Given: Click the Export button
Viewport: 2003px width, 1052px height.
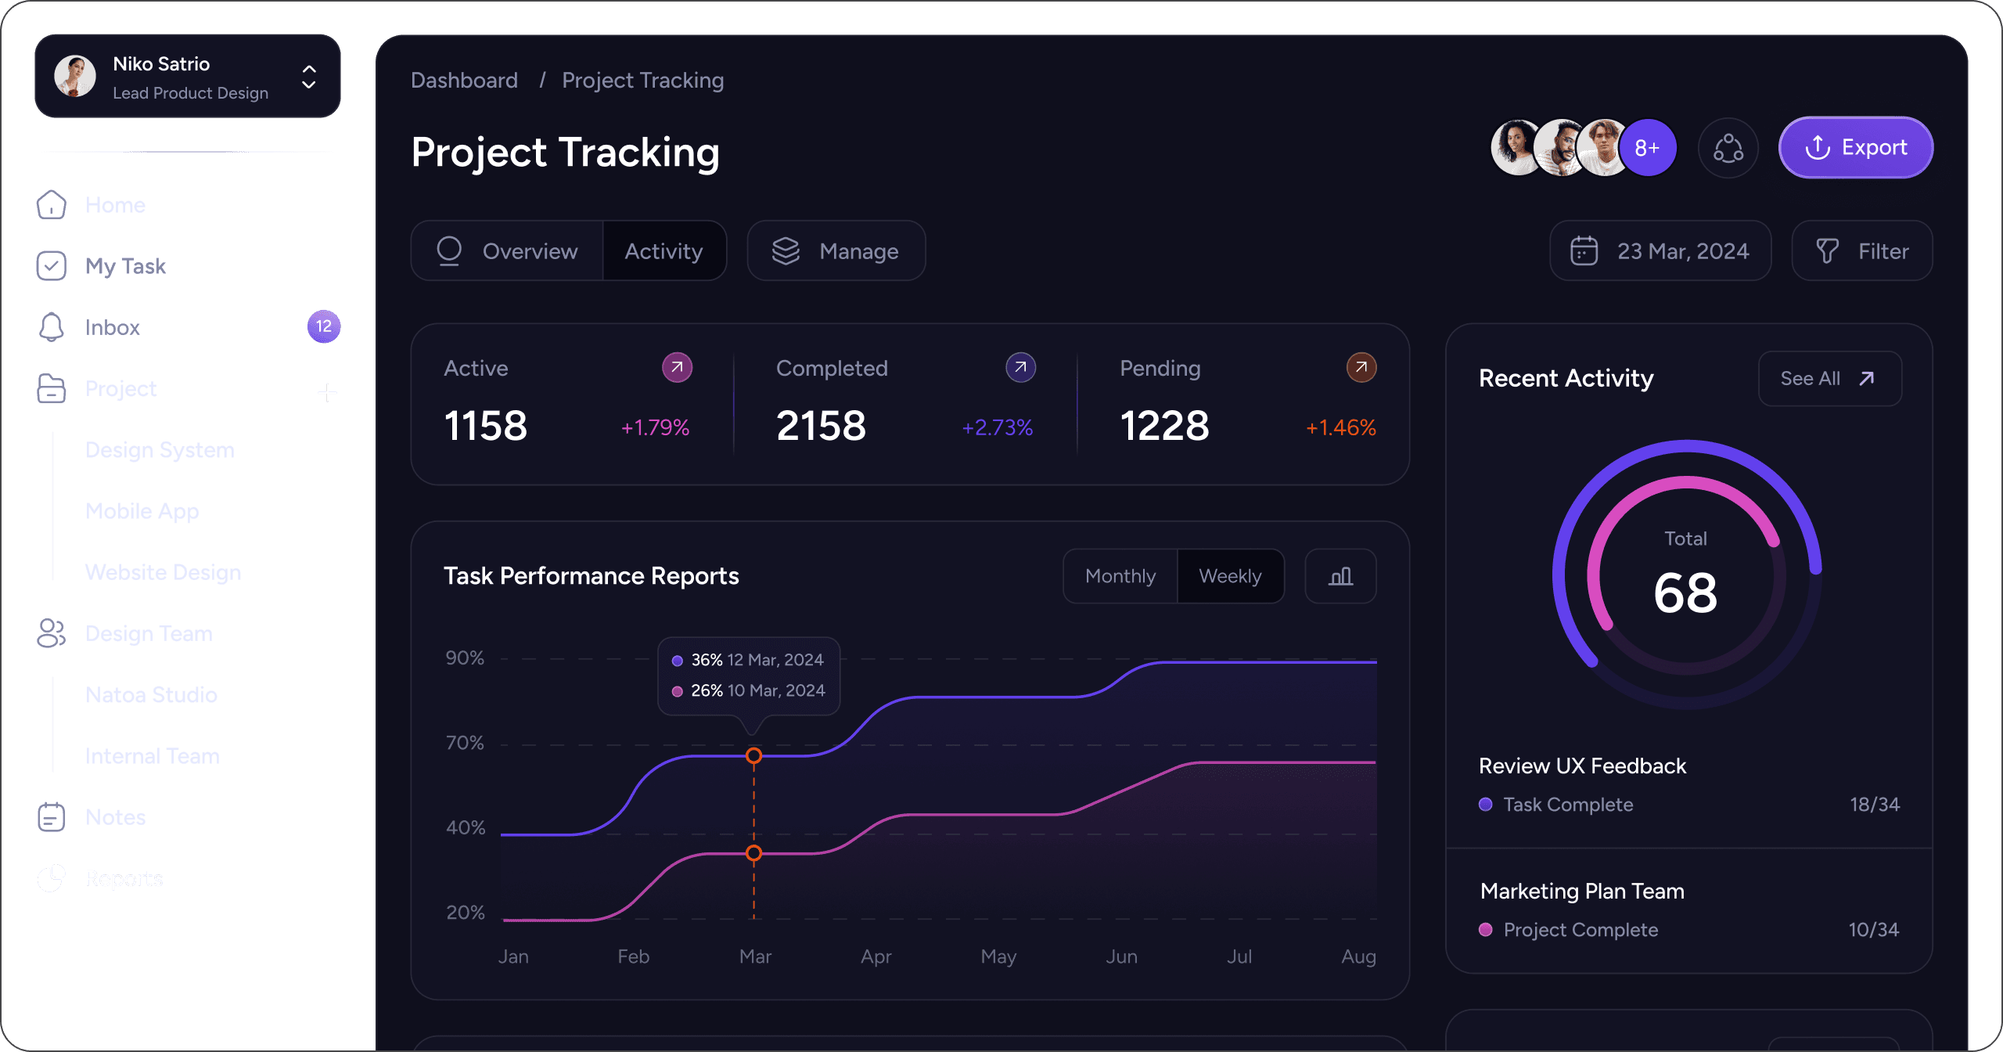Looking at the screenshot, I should pos(1855,148).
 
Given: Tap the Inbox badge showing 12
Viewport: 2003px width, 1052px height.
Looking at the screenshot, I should pos(324,326).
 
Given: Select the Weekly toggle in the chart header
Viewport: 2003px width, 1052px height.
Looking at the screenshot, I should pos(1230,576).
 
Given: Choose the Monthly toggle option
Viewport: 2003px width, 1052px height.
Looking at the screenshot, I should pos(1120,576).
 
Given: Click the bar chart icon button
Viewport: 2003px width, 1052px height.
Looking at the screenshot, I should pos(1340,576).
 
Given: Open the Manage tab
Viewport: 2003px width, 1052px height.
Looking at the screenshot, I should pos(836,251).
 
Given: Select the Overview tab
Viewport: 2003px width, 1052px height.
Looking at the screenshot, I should pos(507,251).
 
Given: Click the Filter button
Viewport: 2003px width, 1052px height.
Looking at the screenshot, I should pos(1861,251).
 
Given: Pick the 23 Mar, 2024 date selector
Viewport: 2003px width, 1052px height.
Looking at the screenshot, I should pos(1660,251).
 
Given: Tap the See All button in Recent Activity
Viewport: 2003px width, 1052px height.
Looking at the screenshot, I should pos(1829,379).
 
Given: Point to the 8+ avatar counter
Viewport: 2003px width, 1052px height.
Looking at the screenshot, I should pos(1647,148).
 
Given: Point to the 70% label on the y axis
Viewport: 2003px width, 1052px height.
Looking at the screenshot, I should pos(465,743).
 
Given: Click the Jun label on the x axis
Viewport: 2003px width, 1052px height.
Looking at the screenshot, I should pos(1121,957).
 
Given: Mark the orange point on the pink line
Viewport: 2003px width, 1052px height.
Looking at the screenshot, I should pos(753,853).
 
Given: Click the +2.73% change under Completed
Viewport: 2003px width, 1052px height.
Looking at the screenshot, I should pos(997,427).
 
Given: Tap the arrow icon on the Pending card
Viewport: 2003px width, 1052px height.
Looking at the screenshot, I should pos(1361,367).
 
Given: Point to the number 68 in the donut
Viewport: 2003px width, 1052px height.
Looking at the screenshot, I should pos(1685,593).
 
